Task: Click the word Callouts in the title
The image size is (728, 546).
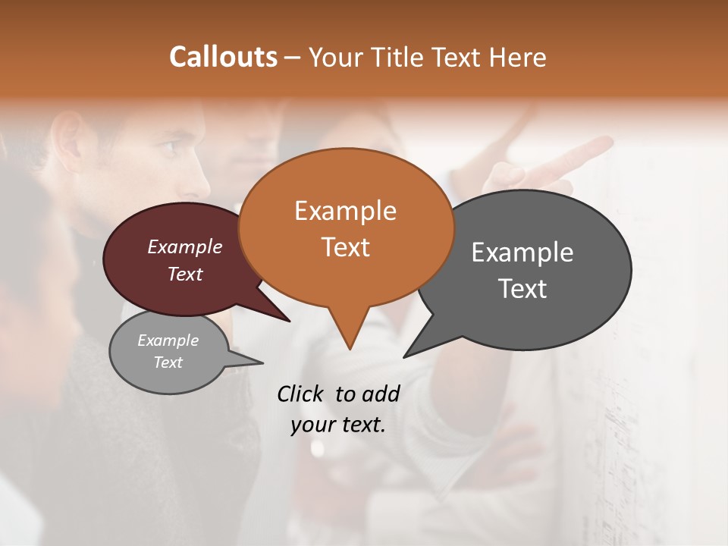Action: tap(223, 57)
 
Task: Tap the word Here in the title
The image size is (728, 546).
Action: tap(519, 57)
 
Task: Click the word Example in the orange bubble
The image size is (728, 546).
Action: tap(345, 211)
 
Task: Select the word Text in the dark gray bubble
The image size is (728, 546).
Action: tap(522, 288)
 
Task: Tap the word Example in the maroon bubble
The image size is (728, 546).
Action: tap(185, 246)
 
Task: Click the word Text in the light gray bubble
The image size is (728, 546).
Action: tap(168, 362)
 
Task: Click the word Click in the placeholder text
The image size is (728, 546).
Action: tap(300, 394)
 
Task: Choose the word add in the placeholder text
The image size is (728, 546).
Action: tap(380, 394)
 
